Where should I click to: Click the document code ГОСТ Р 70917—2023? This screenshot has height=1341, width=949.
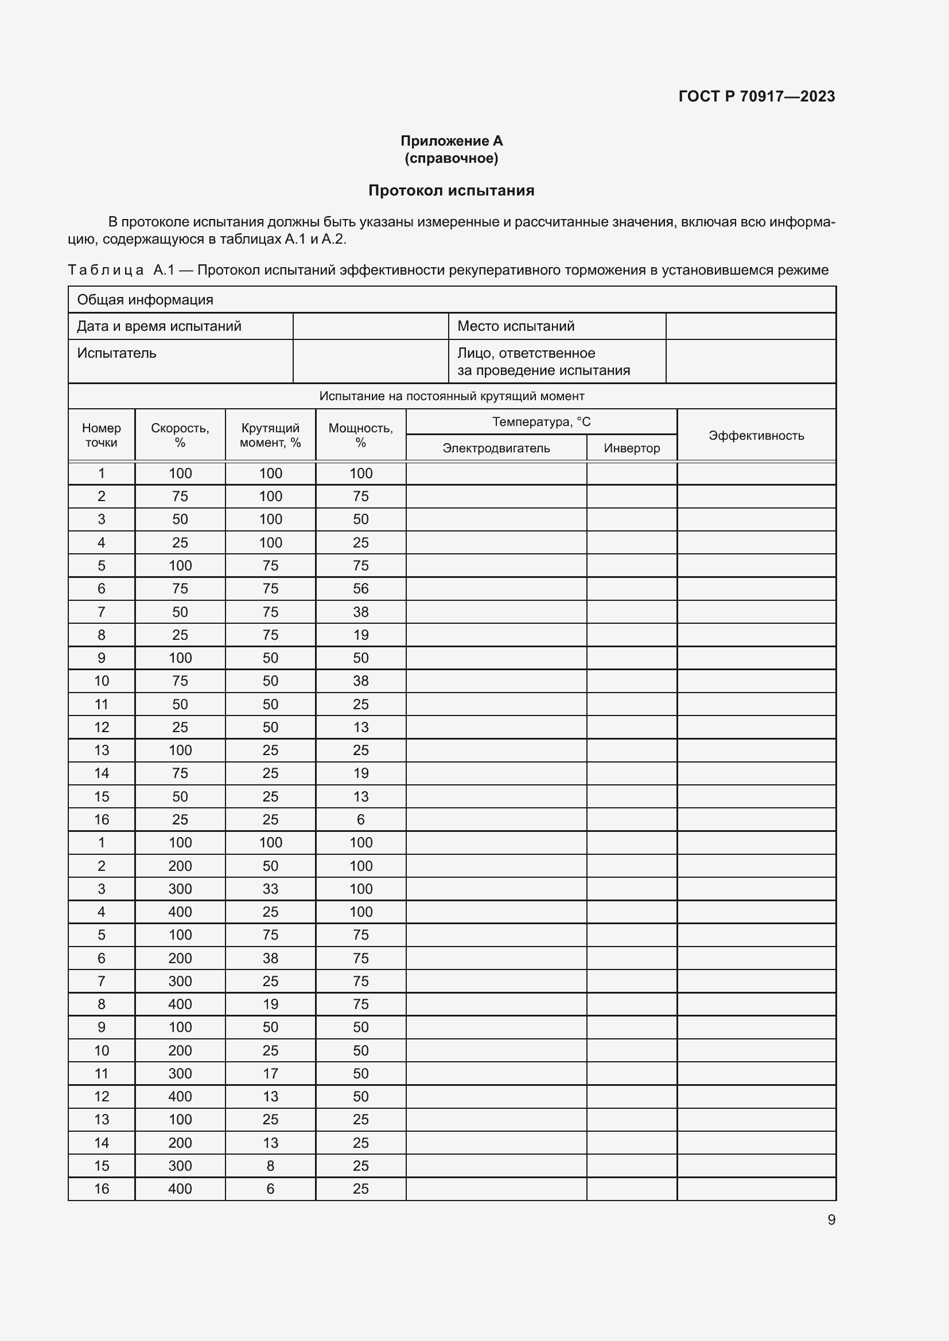756,96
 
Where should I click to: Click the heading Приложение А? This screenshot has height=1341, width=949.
451,141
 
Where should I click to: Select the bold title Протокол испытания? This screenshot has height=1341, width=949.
451,190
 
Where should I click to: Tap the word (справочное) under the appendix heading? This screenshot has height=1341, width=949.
451,158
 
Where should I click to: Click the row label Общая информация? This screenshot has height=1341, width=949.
145,300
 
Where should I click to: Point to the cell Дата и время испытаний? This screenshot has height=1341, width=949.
159,326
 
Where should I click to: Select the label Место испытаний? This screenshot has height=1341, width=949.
515,326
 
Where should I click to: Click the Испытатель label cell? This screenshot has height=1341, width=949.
117,353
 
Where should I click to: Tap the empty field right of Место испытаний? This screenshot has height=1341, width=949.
750,326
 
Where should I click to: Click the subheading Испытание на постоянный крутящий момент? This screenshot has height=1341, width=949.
451,396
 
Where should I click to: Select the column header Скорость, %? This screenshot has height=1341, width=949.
180,435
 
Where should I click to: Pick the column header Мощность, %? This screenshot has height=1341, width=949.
360,435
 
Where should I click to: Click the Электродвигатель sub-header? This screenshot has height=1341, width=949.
496,448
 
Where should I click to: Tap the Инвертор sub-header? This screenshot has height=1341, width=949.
632,448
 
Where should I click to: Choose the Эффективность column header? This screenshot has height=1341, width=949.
756,435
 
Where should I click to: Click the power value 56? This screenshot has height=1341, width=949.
360,589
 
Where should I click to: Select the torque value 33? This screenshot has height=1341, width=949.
270,889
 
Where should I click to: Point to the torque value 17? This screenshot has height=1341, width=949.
270,1073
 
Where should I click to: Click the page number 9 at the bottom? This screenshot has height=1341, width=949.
831,1219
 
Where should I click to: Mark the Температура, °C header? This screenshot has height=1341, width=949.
541,422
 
